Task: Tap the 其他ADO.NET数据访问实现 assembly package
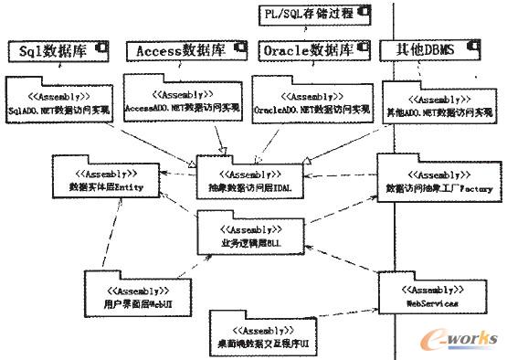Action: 424,104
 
